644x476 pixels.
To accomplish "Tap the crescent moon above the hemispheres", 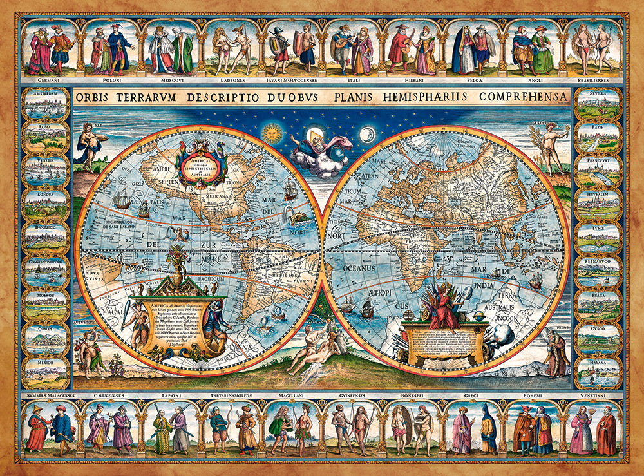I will [367, 135].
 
